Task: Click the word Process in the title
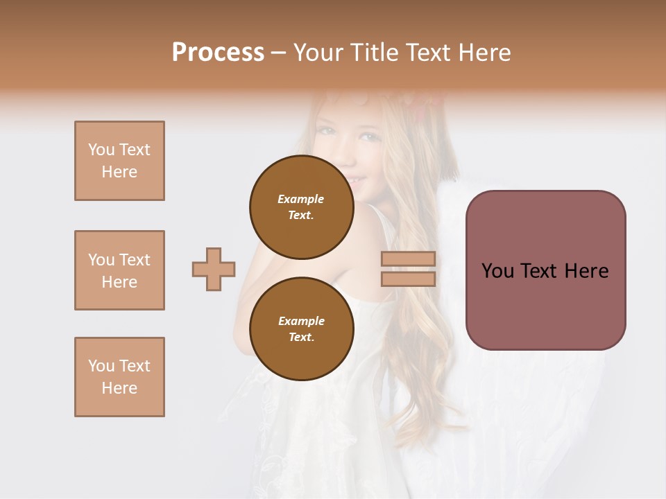pyautogui.click(x=218, y=53)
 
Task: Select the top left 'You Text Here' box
pyautogui.click(x=119, y=161)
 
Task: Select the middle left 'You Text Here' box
pyautogui.click(x=119, y=270)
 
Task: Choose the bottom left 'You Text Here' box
pyautogui.click(x=119, y=377)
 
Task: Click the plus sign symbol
pyautogui.click(x=214, y=269)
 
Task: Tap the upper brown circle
pyautogui.click(x=301, y=207)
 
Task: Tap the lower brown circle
pyautogui.click(x=301, y=329)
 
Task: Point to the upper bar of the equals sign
pyautogui.click(x=408, y=259)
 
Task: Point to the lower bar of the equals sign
pyautogui.click(x=408, y=279)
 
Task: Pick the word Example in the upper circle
pyautogui.click(x=301, y=199)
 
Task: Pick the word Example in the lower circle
pyautogui.click(x=301, y=321)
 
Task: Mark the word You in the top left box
pyautogui.click(x=101, y=150)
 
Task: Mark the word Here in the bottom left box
pyautogui.click(x=119, y=388)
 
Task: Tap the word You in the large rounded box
pyautogui.click(x=497, y=271)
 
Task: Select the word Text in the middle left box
pyautogui.click(x=134, y=260)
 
